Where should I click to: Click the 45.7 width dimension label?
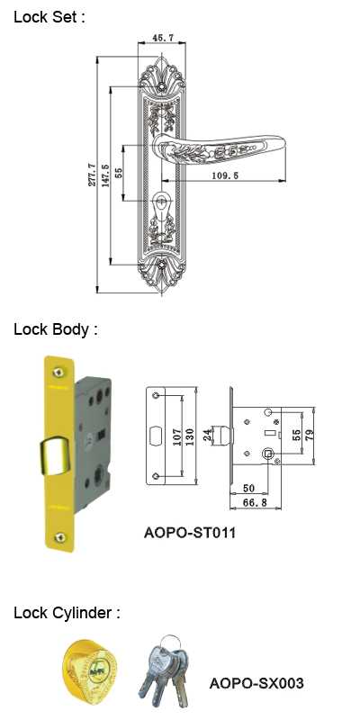click(x=162, y=38)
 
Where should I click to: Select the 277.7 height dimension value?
click(x=91, y=174)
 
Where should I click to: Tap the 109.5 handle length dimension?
click(x=225, y=175)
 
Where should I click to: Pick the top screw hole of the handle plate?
click(x=161, y=85)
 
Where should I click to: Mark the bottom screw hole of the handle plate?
click(x=161, y=265)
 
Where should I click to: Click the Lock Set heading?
click(x=49, y=17)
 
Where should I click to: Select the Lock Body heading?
click(x=56, y=329)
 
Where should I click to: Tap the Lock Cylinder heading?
click(x=67, y=613)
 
